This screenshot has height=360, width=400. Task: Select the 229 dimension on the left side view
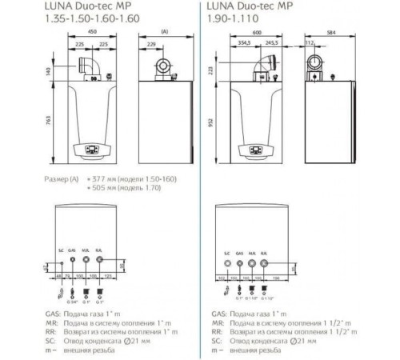tap(150, 45)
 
